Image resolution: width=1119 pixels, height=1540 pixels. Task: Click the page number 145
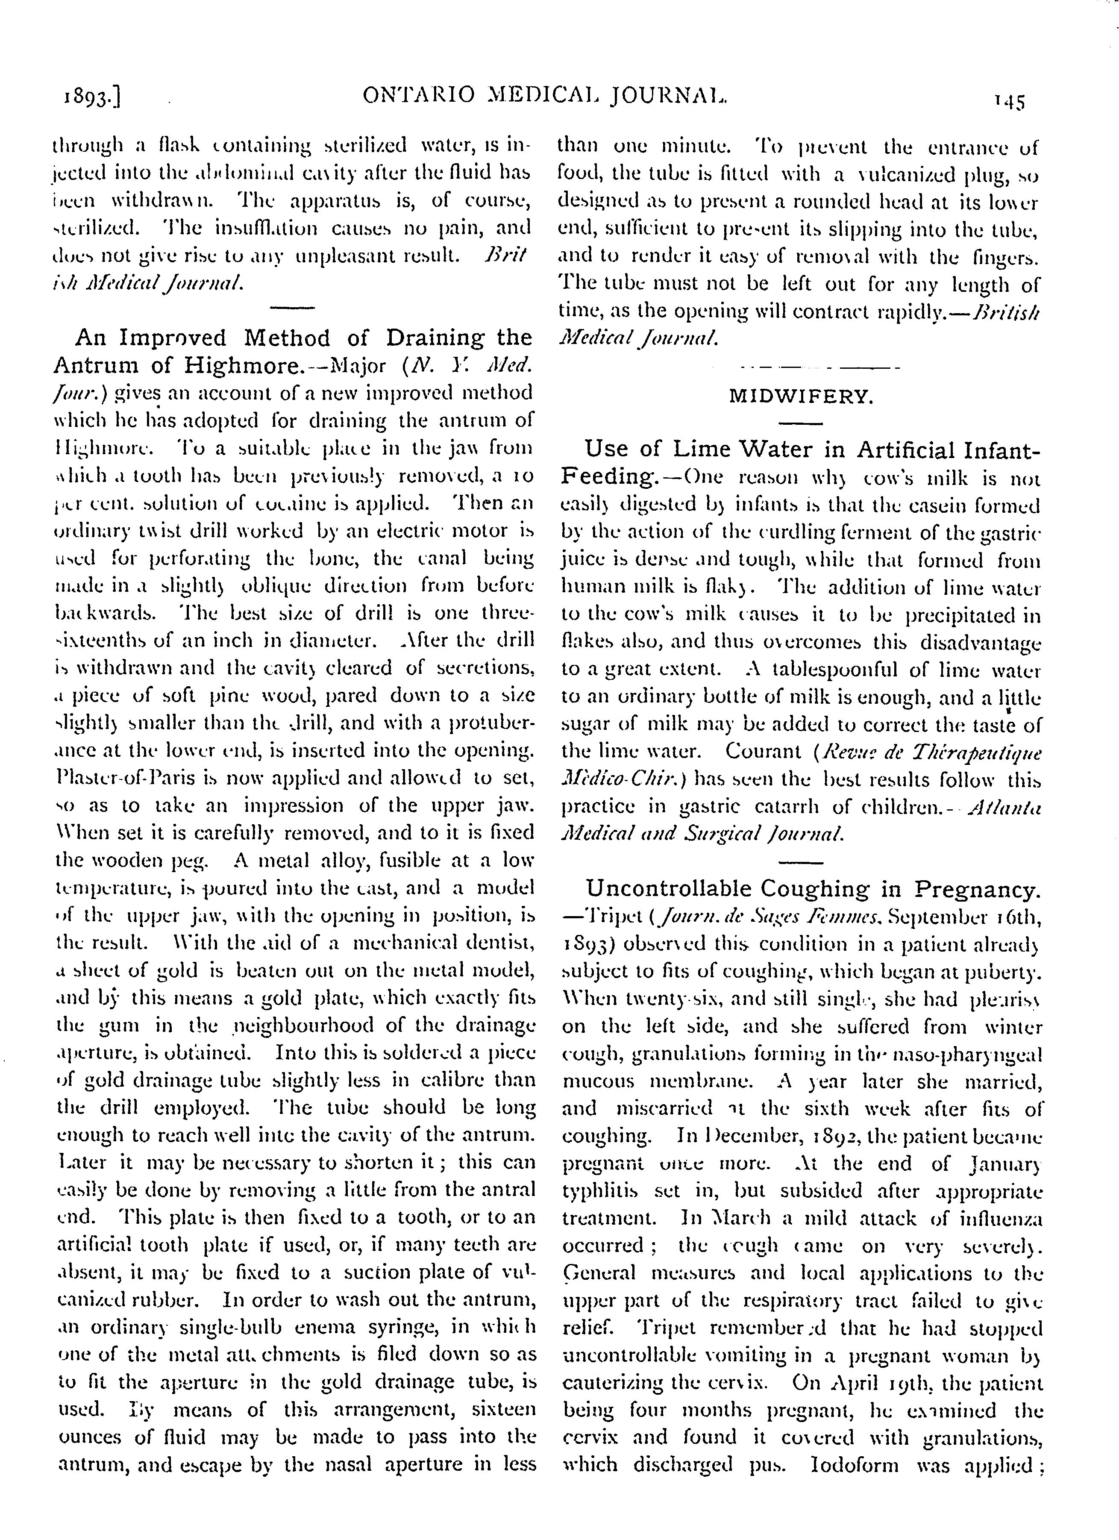point(1010,102)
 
